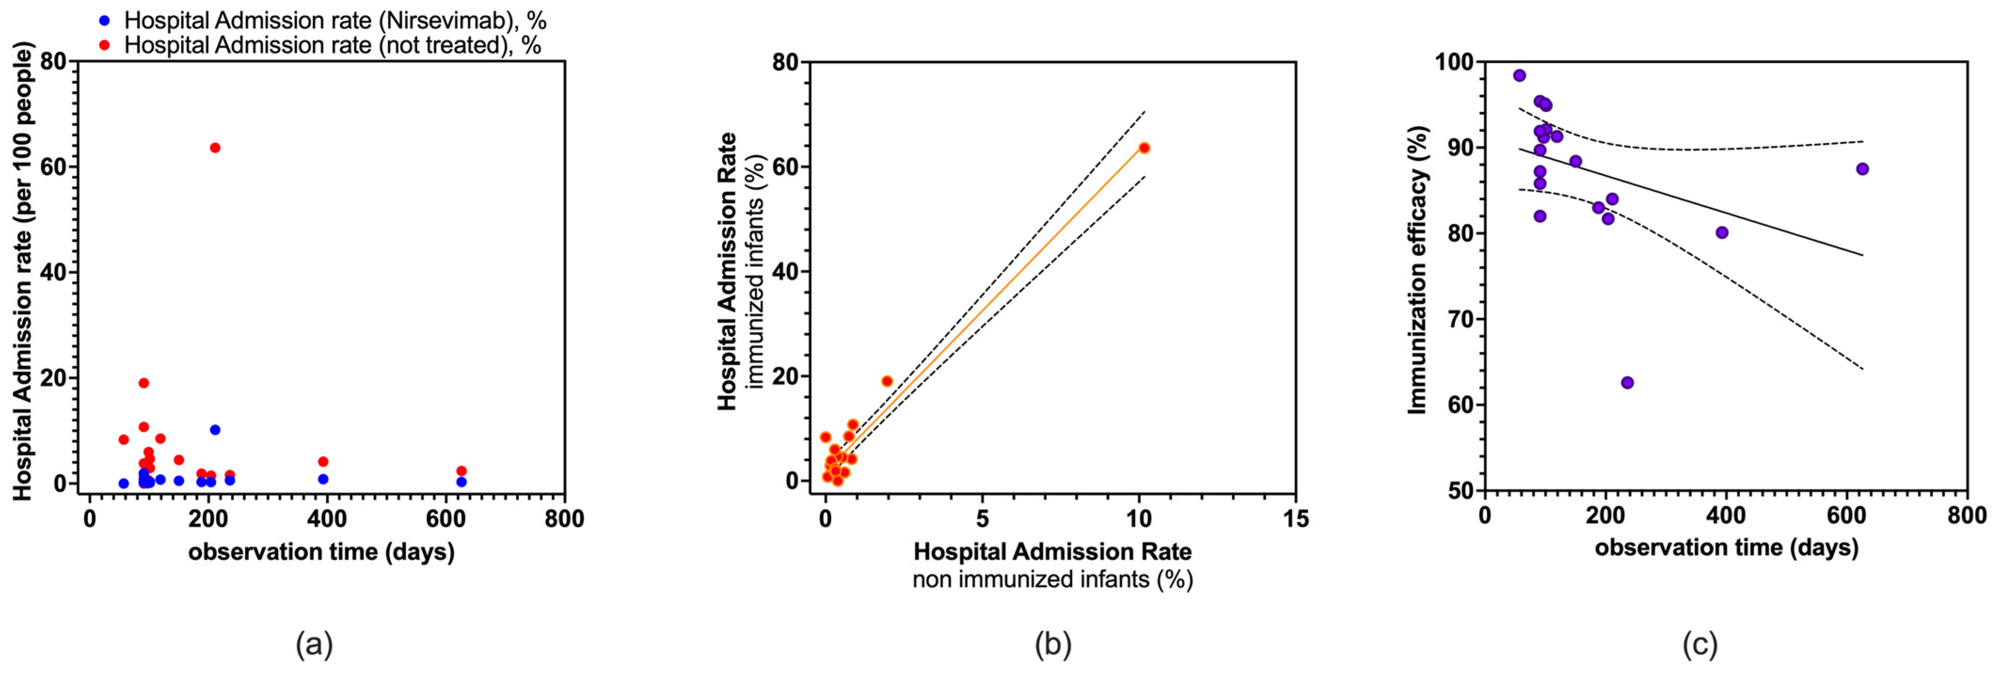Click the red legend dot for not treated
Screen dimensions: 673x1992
tap(104, 45)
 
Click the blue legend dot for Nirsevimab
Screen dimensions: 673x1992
tap(104, 20)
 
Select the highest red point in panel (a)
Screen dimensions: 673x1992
tap(215, 148)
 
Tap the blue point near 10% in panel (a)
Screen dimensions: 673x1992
tap(215, 429)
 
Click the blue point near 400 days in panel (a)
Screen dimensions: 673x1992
tap(323, 479)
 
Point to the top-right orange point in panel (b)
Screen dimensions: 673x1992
tap(1144, 148)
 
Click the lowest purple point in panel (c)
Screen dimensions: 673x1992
tap(1627, 383)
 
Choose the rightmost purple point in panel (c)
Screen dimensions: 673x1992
tap(1863, 169)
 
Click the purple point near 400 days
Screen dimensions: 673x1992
tap(1722, 232)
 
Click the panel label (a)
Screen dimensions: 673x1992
tap(314, 643)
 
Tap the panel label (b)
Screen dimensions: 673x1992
tap(1053, 643)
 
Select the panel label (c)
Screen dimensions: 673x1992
tap(1700, 643)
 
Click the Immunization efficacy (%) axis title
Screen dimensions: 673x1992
tap(1417, 271)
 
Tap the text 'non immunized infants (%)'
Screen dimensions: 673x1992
tap(1053, 579)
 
